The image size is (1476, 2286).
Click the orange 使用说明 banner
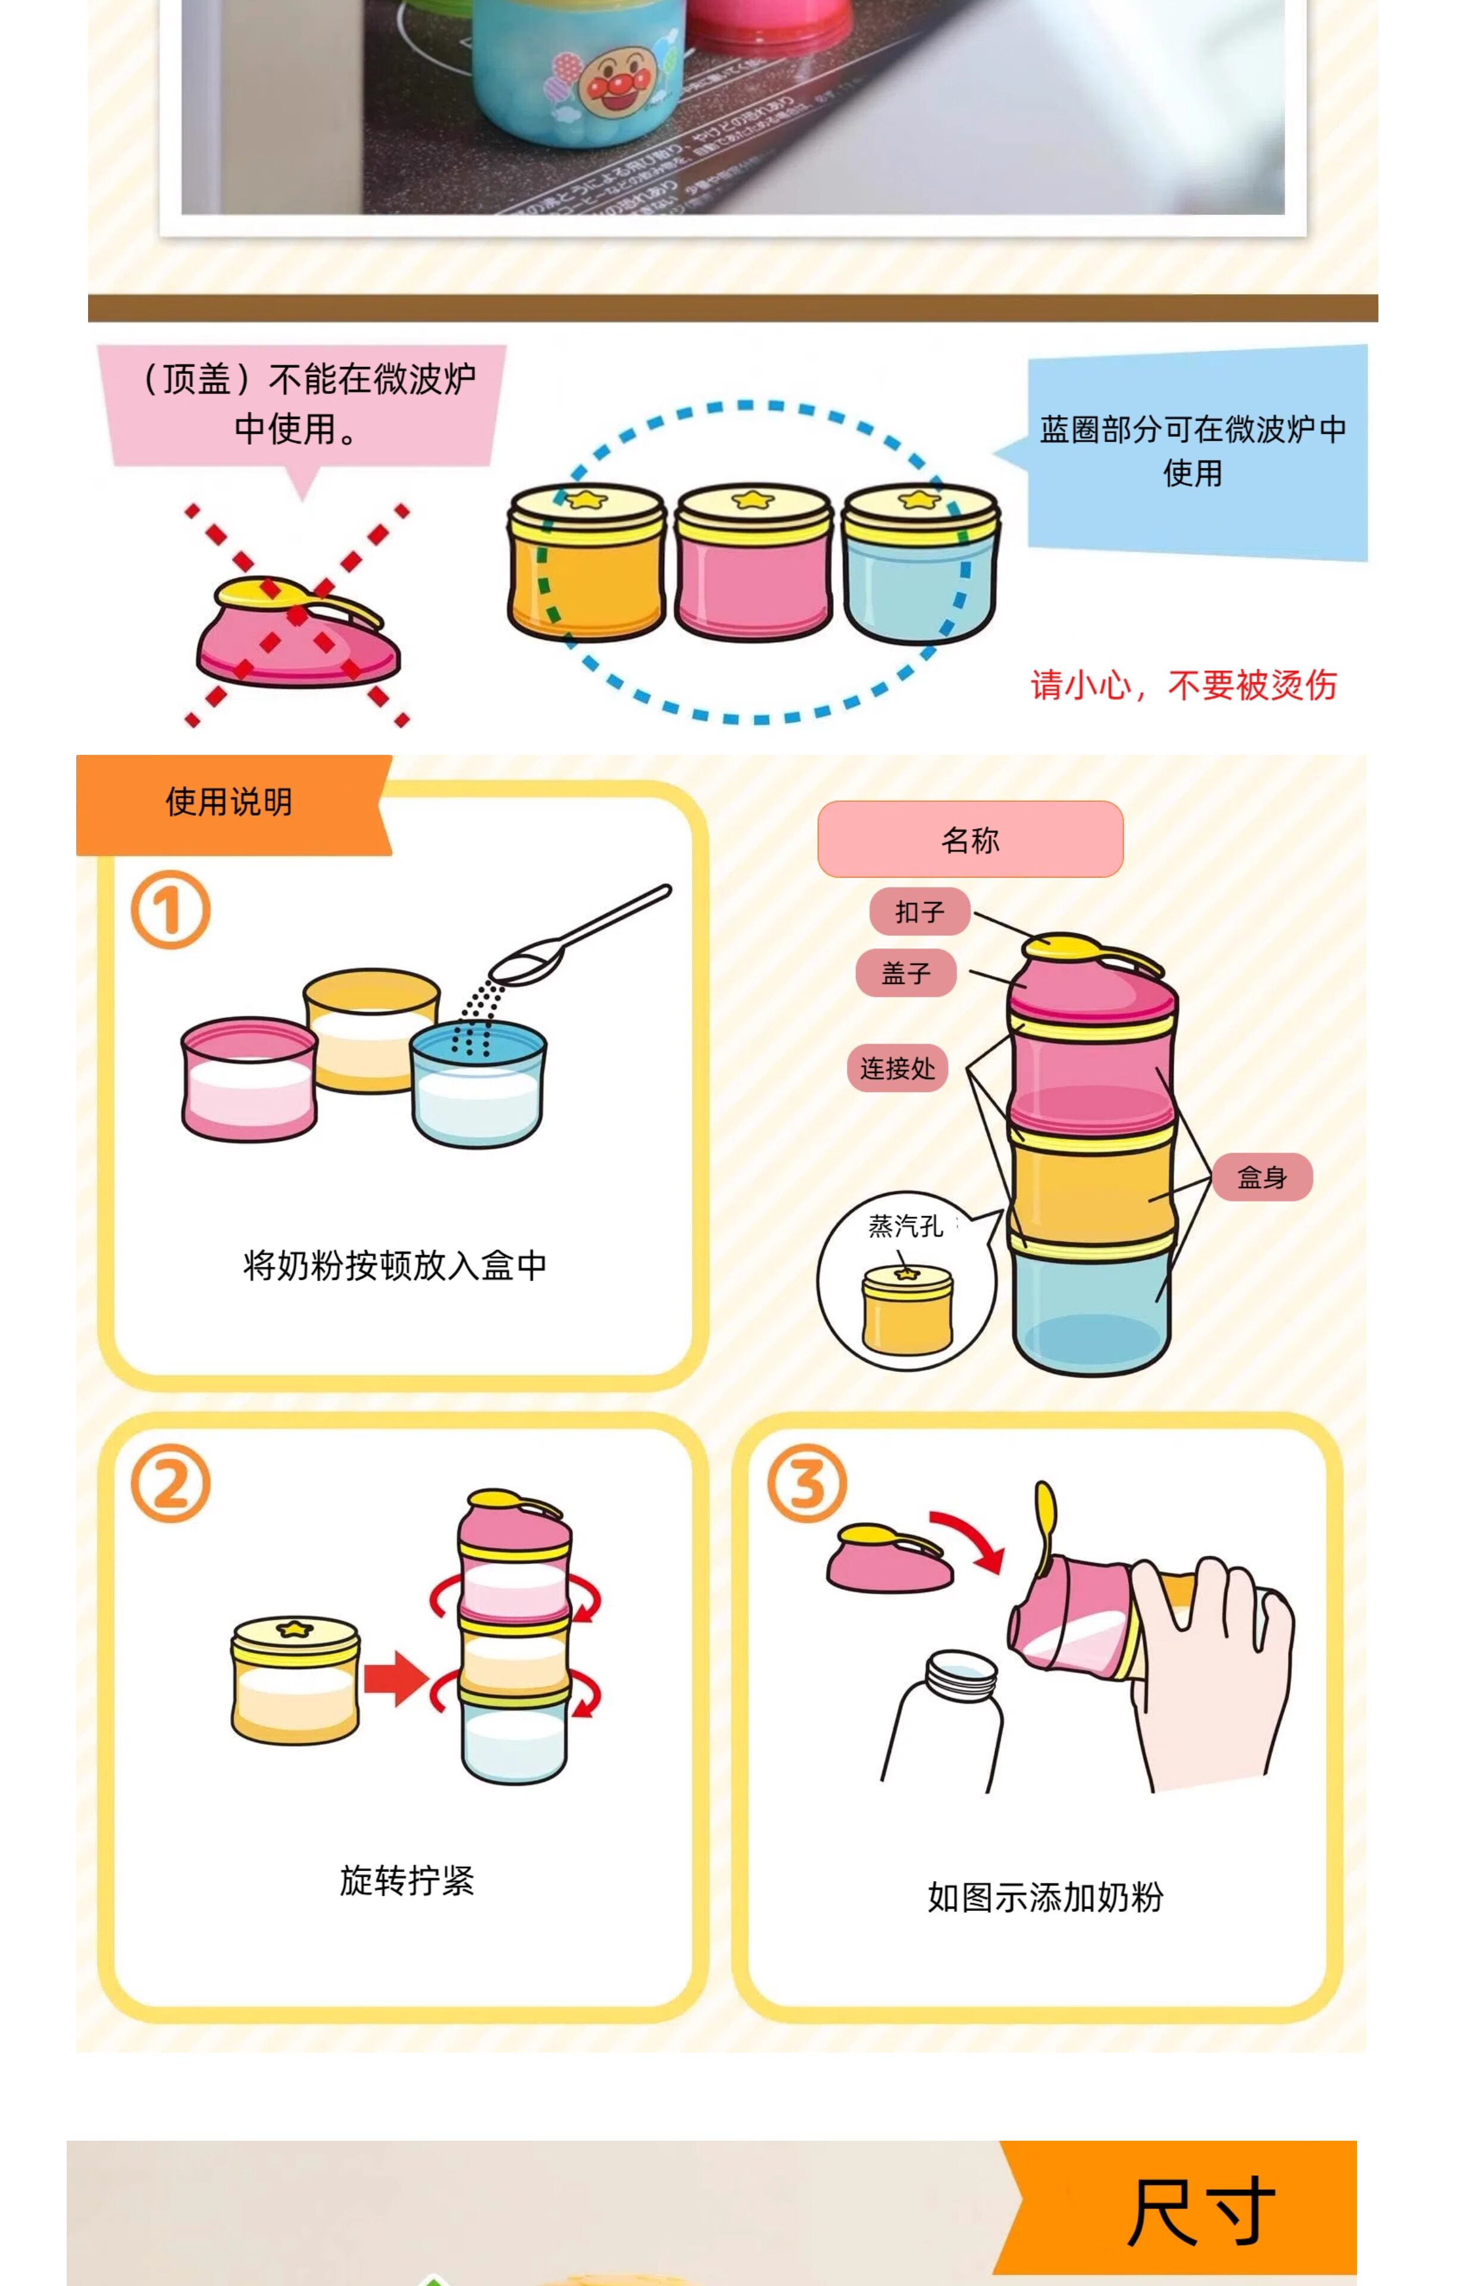229,802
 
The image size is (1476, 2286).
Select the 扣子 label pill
919,911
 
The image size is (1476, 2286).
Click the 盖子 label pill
906,974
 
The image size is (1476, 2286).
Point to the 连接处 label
897,1068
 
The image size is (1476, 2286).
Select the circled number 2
171,1484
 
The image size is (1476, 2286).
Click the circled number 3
807,1484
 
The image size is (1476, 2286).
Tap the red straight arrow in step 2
395,1678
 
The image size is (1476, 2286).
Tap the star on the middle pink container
753,499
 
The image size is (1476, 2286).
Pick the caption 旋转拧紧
406,1881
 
